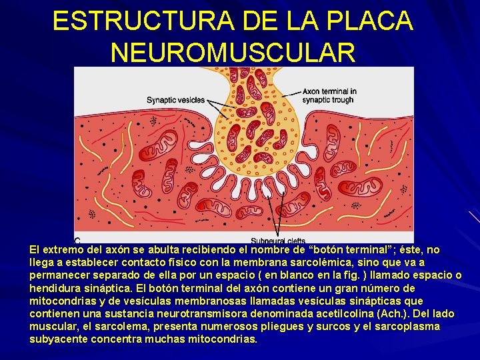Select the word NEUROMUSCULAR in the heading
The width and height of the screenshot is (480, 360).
click(x=233, y=52)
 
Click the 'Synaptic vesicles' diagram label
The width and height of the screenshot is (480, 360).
click(x=175, y=100)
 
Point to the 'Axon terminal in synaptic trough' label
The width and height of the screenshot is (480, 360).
click(x=329, y=95)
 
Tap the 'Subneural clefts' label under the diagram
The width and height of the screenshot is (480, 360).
click(x=278, y=241)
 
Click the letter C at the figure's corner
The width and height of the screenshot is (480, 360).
click(x=78, y=240)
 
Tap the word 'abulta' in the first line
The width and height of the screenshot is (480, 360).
click(x=146, y=250)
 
